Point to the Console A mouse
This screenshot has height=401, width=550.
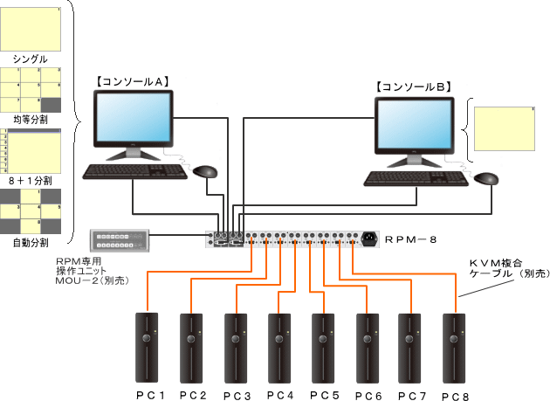204,170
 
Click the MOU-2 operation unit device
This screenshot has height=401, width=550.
120,239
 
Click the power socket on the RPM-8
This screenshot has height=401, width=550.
370,238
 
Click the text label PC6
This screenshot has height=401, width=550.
369,395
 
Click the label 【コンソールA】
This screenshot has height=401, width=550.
132,81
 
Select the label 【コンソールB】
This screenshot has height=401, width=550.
413,86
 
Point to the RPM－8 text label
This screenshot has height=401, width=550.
409,238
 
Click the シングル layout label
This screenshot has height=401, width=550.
31,59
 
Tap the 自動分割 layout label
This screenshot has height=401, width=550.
31,241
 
